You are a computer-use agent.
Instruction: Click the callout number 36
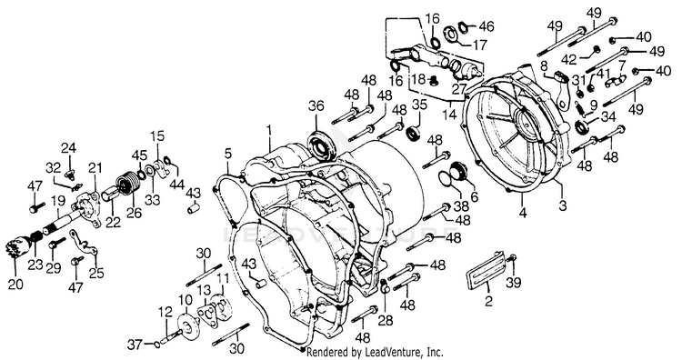click(x=316, y=106)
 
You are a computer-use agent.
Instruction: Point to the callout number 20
click(x=15, y=284)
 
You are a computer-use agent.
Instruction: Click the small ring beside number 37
click(x=155, y=345)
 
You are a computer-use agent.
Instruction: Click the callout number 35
click(x=419, y=105)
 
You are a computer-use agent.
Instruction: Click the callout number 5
click(x=228, y=154)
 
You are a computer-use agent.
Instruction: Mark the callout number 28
click(x=386, y=320)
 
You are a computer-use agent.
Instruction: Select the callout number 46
click(x=486, y=26)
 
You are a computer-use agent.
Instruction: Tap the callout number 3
click(x=563, y=205)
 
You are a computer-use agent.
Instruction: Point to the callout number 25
click(x=96, y=273)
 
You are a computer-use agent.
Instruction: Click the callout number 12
click(x=165, y=312)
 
